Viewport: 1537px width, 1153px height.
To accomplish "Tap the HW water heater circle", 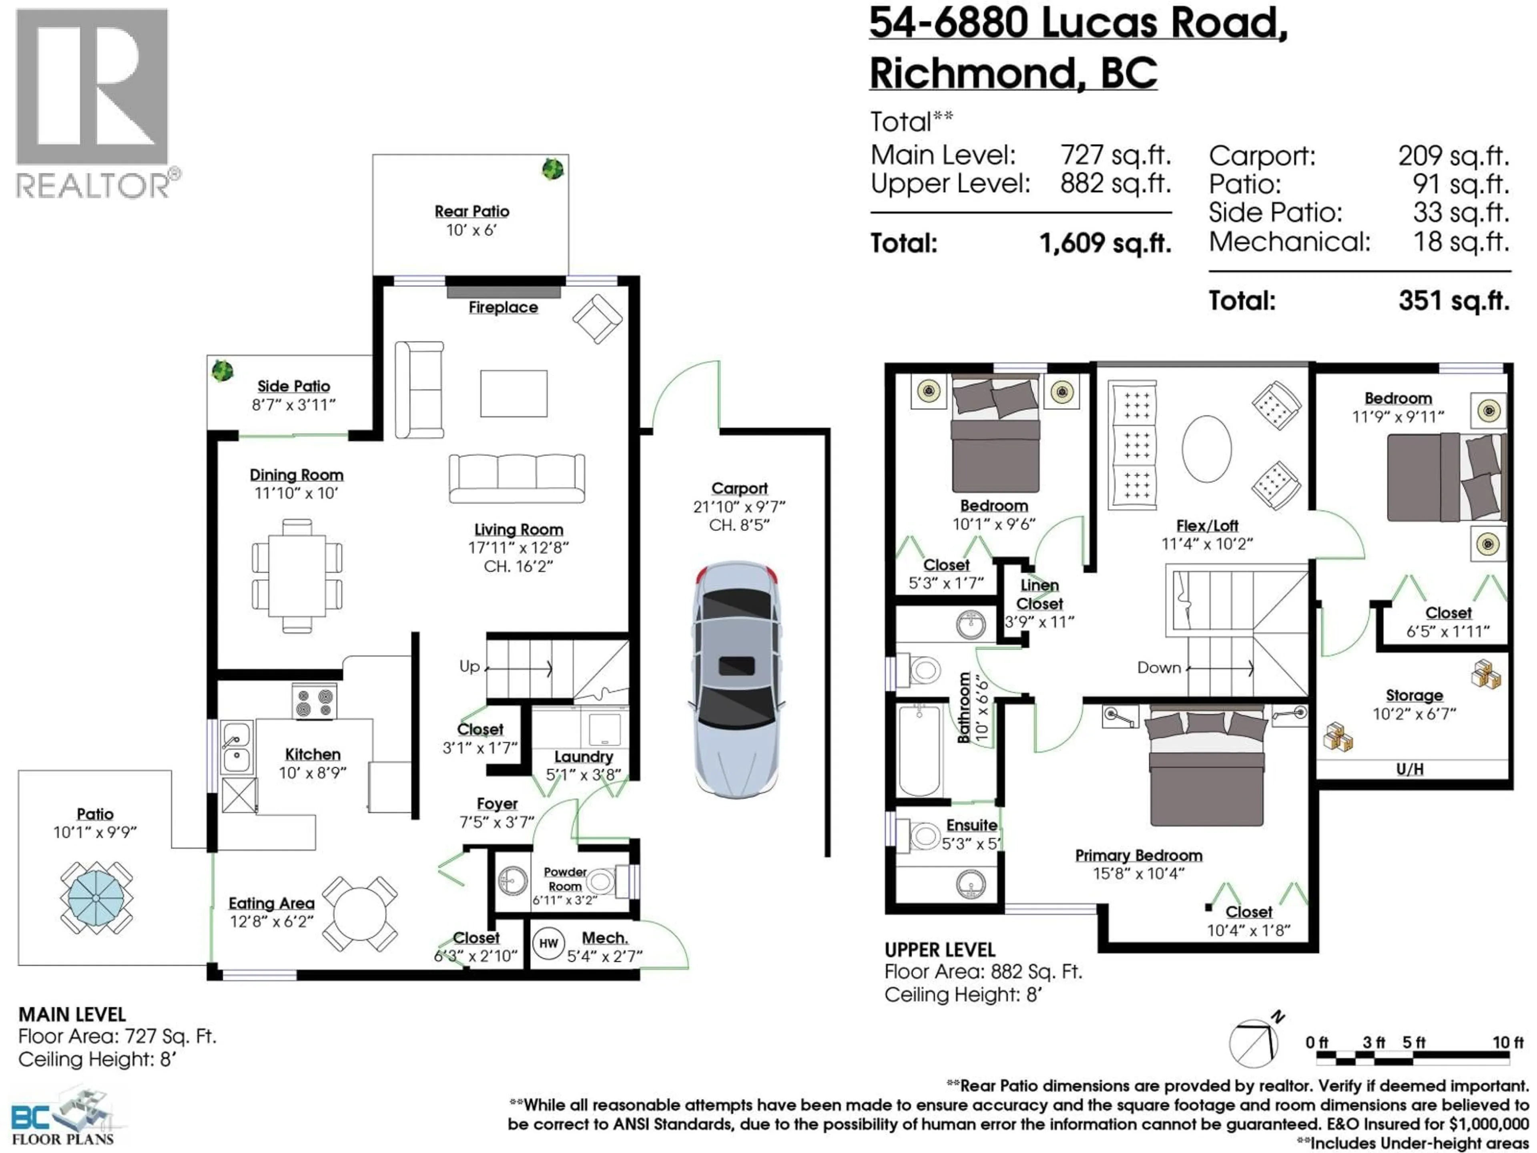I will tap(548, 943).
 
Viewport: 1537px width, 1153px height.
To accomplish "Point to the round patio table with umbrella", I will tap(96, 898).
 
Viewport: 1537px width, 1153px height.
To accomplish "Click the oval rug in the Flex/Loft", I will tap(1206, 448).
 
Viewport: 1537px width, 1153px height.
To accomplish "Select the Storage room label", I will tap(1414, 695).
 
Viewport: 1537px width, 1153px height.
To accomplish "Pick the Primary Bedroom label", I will tap(1138, 856).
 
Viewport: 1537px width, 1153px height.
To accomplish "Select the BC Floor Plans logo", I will tap(62, 1119).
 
